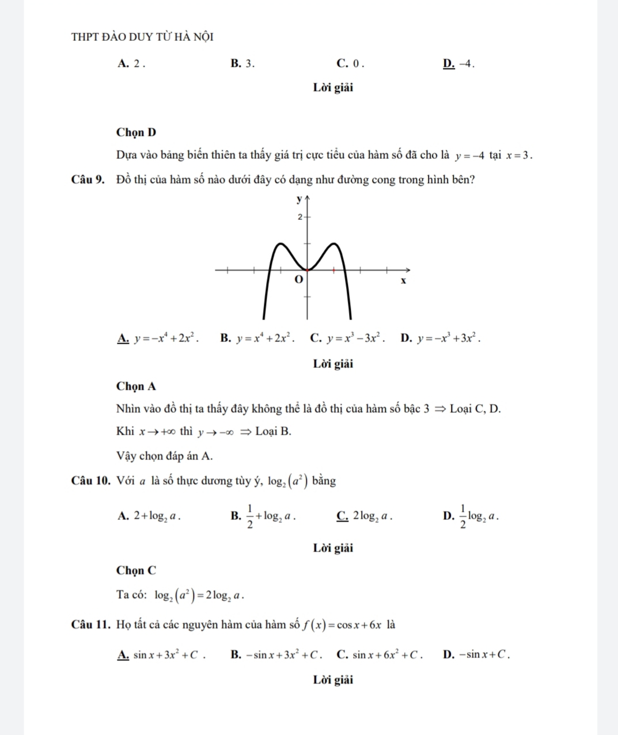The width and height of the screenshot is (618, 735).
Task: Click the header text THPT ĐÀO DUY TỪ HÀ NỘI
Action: click(x=142, y=37)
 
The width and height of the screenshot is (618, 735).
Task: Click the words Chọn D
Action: click(x=136, y=132)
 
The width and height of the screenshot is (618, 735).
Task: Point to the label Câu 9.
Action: click(x=88, y=179)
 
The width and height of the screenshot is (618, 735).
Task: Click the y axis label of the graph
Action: click(x=298, y=200)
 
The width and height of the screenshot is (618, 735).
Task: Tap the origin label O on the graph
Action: click(x=298, y=279)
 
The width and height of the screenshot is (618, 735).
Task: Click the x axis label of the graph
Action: click(x=403, y=281)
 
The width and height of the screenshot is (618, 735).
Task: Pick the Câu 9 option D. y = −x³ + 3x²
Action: click(x=440, y=338)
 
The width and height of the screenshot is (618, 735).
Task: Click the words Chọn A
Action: click(x=136, y=386)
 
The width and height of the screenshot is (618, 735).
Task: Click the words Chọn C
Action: click(x=136, y=570)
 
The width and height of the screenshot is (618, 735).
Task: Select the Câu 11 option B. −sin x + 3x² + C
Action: click(x=275, y=654)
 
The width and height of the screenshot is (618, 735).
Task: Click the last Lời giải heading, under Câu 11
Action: click(x=333, y=680)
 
